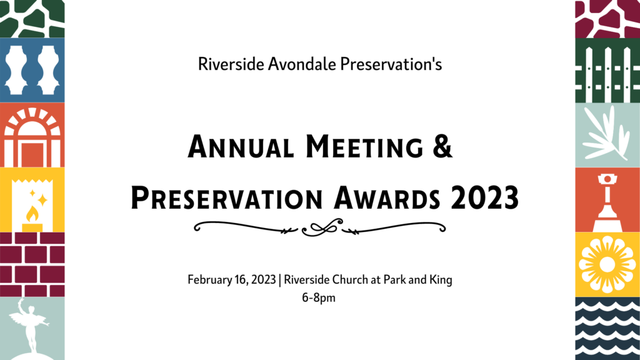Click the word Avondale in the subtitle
302,64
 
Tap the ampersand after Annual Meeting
442,146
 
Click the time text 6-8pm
319,297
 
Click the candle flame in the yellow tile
32,213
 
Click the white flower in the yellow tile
607,264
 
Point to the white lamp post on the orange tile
607,202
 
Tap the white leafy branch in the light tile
606,134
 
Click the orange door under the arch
32,155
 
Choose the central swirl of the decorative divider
322,227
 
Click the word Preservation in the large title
227,198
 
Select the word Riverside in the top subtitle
231,64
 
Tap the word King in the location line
441,280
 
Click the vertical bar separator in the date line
279,280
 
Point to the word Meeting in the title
364,146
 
